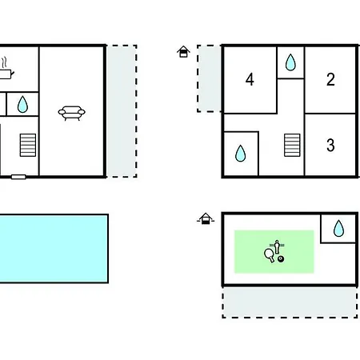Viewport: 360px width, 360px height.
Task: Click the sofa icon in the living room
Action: click(x=71, y=113)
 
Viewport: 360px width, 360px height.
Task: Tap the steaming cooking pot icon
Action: click(x=6, y=70)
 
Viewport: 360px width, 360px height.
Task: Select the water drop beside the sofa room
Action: click(x=22, y=104)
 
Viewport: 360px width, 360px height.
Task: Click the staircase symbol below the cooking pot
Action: click(x=28, y=145)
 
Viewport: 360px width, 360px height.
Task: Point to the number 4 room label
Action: click(x=250, y=79)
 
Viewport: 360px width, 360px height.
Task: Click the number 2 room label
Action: click(x=330, y=79)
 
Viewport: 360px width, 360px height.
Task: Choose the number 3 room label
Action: click(x=330, y=145)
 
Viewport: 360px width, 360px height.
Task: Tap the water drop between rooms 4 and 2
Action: click(x=290, y=62)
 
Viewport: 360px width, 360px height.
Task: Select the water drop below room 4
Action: click(x=241, y=154)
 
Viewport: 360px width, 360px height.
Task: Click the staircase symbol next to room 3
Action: click(x=292, y=145)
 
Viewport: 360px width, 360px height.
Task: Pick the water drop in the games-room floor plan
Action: click(x=338, y=228)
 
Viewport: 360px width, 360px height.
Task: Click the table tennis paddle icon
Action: click(x=270, y=255)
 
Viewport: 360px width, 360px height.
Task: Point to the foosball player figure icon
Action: click(x=277, y=246)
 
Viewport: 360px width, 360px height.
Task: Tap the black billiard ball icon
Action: click(x=281, y=259)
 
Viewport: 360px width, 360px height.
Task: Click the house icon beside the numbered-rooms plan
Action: click(x=183, y=51)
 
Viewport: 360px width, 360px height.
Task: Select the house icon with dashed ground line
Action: click(x=206, y=218)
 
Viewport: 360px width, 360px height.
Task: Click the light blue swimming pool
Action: click(x=54, y=248)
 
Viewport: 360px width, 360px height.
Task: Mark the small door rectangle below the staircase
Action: click(x=18, y=177)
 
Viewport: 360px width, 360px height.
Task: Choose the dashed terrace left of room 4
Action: click(x=210, y=78)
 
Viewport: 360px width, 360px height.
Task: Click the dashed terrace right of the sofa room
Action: click(x=122, y=111)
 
